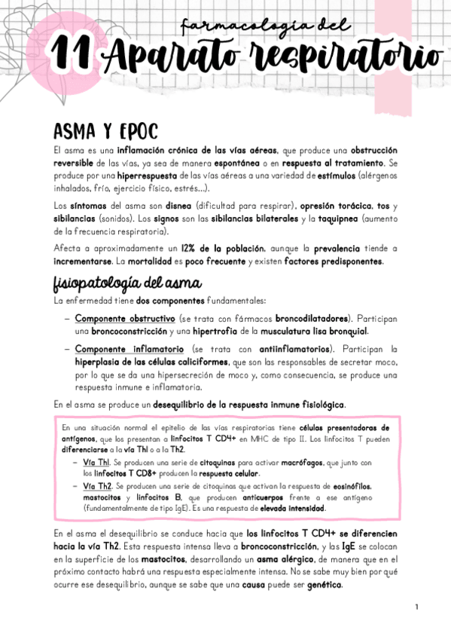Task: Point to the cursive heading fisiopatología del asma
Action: (126, 283)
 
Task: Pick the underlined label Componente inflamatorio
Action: (130, 350)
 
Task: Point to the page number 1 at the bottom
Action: (416, 607)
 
